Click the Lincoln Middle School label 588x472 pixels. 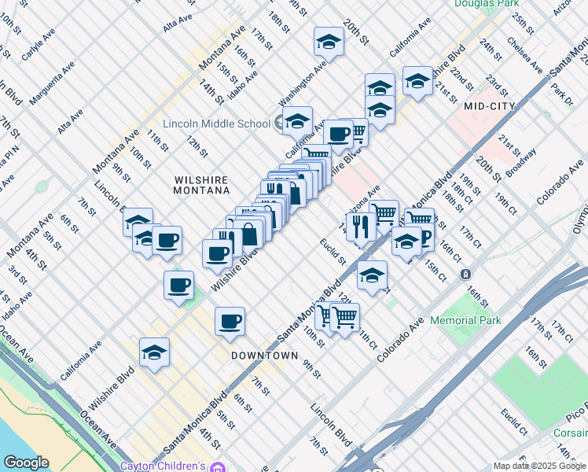pyautogui.click(x=216, y=124)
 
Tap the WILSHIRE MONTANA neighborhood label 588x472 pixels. pyautogui.click(x=202, y=185)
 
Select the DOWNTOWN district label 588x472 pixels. pyautogui.click(x=264, y=356)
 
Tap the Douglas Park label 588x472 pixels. pyautogui.click(x=483, y=4)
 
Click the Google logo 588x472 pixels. pyautogui.click(x=26, y=462)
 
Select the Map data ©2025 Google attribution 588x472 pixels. pyautogui.click(x=539, y=466)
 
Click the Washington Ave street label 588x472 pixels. pyautogui.click(x=302, y=87)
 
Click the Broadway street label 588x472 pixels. pyautogui.click(x=520, y=162)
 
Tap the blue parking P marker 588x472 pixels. pyautogui.click(x=424, y=235)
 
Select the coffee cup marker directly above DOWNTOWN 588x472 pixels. pyautogui.click(x=230, y=321)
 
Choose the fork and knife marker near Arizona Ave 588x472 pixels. pyautogui.click(x=361, y=227)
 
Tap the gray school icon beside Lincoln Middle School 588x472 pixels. pyautogui.click(x=279, y=123)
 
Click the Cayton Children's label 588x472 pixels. pyautogui.click(x=162, y=466)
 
